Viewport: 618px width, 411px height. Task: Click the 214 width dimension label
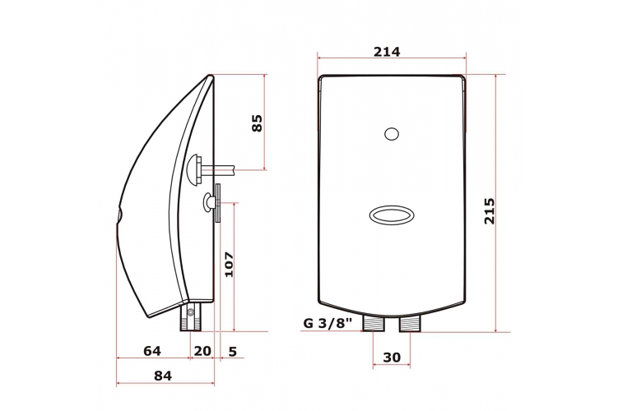pyautogui.click(x=387, y=52)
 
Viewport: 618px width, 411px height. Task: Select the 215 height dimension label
pyautogui.click(x=489, y=211)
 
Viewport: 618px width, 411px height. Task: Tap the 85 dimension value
pyautogui.click(x=257, y=123)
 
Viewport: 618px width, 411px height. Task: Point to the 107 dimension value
pyautogui.click(x=229, y=264)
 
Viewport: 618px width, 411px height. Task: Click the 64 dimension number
pyautogui.click(x=152, y=351)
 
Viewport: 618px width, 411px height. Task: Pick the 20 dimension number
pyautogui.click(x=202, y=351)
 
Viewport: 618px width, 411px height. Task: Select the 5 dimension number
pyautogui.click(x=233, y=351)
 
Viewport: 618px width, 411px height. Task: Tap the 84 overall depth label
pyautogui.click(x=163, y=376)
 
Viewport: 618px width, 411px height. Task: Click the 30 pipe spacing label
pyautogui.click(x=392, y=358)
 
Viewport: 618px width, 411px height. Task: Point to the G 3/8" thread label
pyautogui.click(x=328, y=323)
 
